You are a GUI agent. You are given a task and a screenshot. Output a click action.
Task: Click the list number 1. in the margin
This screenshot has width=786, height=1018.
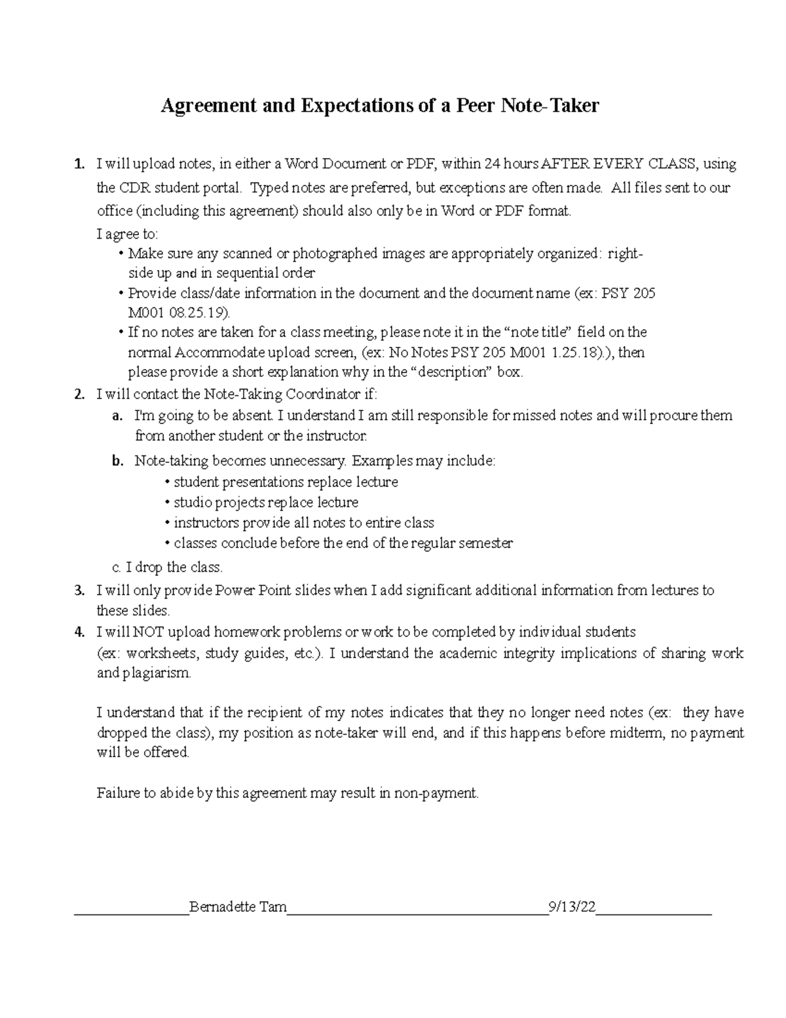tap(79, 164)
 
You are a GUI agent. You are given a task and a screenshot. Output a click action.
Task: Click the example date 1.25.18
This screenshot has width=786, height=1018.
tap(574, 353)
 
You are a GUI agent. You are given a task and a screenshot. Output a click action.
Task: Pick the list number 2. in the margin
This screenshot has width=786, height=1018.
tap(79, 395)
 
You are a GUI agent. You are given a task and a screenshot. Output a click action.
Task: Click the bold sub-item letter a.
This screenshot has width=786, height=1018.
tap(117, 416)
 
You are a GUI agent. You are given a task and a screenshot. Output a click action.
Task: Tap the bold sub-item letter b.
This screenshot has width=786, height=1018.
tap(117, 461)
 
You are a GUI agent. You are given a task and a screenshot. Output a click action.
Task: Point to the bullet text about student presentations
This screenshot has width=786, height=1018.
tap(285, 482)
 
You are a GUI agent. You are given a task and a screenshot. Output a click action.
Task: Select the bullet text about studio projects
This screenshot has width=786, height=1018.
tap(265, 503)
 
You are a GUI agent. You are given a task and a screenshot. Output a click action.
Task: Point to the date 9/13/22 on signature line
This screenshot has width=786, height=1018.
tap(572, 907)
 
